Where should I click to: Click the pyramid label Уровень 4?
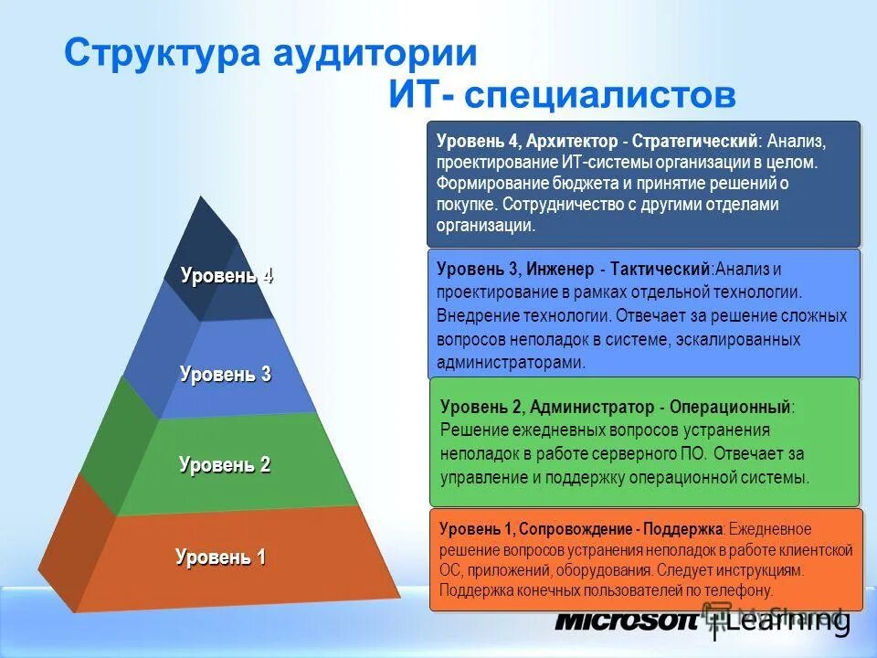coord(227,276)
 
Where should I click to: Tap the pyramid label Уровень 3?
coord(225,374)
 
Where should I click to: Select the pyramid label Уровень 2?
coord(225,465)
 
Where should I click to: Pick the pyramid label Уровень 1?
coord(220,557)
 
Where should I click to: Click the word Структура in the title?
coord(161,53)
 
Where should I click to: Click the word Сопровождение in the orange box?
coord(574,529)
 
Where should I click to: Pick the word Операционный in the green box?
coord(732,407)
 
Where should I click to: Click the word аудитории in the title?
coord(374,53)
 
